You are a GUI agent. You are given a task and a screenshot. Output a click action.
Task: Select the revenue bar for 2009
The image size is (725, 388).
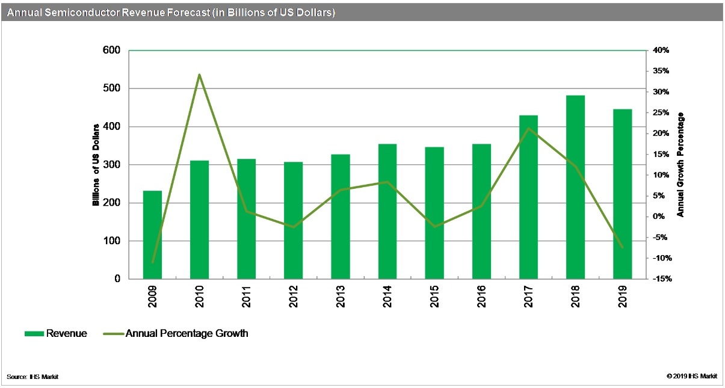[152, 235]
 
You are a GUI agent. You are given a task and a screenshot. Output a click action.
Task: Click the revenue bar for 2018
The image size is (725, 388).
[575, 187]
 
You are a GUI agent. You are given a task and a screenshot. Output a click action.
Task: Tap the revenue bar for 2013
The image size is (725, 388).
[341, 217]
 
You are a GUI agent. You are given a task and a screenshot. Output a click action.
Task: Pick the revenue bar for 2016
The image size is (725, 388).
[481, 211]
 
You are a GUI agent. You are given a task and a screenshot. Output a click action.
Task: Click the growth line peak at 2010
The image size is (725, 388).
[199, 75]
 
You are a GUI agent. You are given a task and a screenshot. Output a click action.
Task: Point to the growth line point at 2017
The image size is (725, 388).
[528, 129]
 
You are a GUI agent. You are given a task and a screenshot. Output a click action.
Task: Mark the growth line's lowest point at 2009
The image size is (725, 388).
[152, 262]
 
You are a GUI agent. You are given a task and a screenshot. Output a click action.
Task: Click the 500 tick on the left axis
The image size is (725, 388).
[111, 88]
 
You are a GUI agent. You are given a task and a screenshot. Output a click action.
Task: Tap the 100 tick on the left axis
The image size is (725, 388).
[111, 241]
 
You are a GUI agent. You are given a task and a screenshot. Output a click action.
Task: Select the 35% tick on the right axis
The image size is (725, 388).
[661, 71]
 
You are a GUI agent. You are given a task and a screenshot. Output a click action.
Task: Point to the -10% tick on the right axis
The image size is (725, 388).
[662, 258]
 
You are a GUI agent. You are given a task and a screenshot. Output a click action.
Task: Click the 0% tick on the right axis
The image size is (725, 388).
[659, 217]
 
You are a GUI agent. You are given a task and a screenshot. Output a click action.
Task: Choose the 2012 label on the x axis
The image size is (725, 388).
[293, 297]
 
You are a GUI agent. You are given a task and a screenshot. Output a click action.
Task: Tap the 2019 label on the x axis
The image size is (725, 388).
[622, 297]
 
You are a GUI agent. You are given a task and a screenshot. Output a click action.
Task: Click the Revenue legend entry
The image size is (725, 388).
[56, 333]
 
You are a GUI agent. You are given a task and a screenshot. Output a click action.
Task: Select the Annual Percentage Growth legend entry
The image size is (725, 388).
[176, 333]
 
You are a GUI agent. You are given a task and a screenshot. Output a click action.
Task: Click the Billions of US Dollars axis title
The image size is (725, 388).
[96, 165]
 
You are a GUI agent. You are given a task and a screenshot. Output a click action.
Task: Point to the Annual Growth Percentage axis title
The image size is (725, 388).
[680, 165]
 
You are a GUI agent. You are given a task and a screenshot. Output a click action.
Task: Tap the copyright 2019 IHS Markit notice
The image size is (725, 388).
[692, 376]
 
